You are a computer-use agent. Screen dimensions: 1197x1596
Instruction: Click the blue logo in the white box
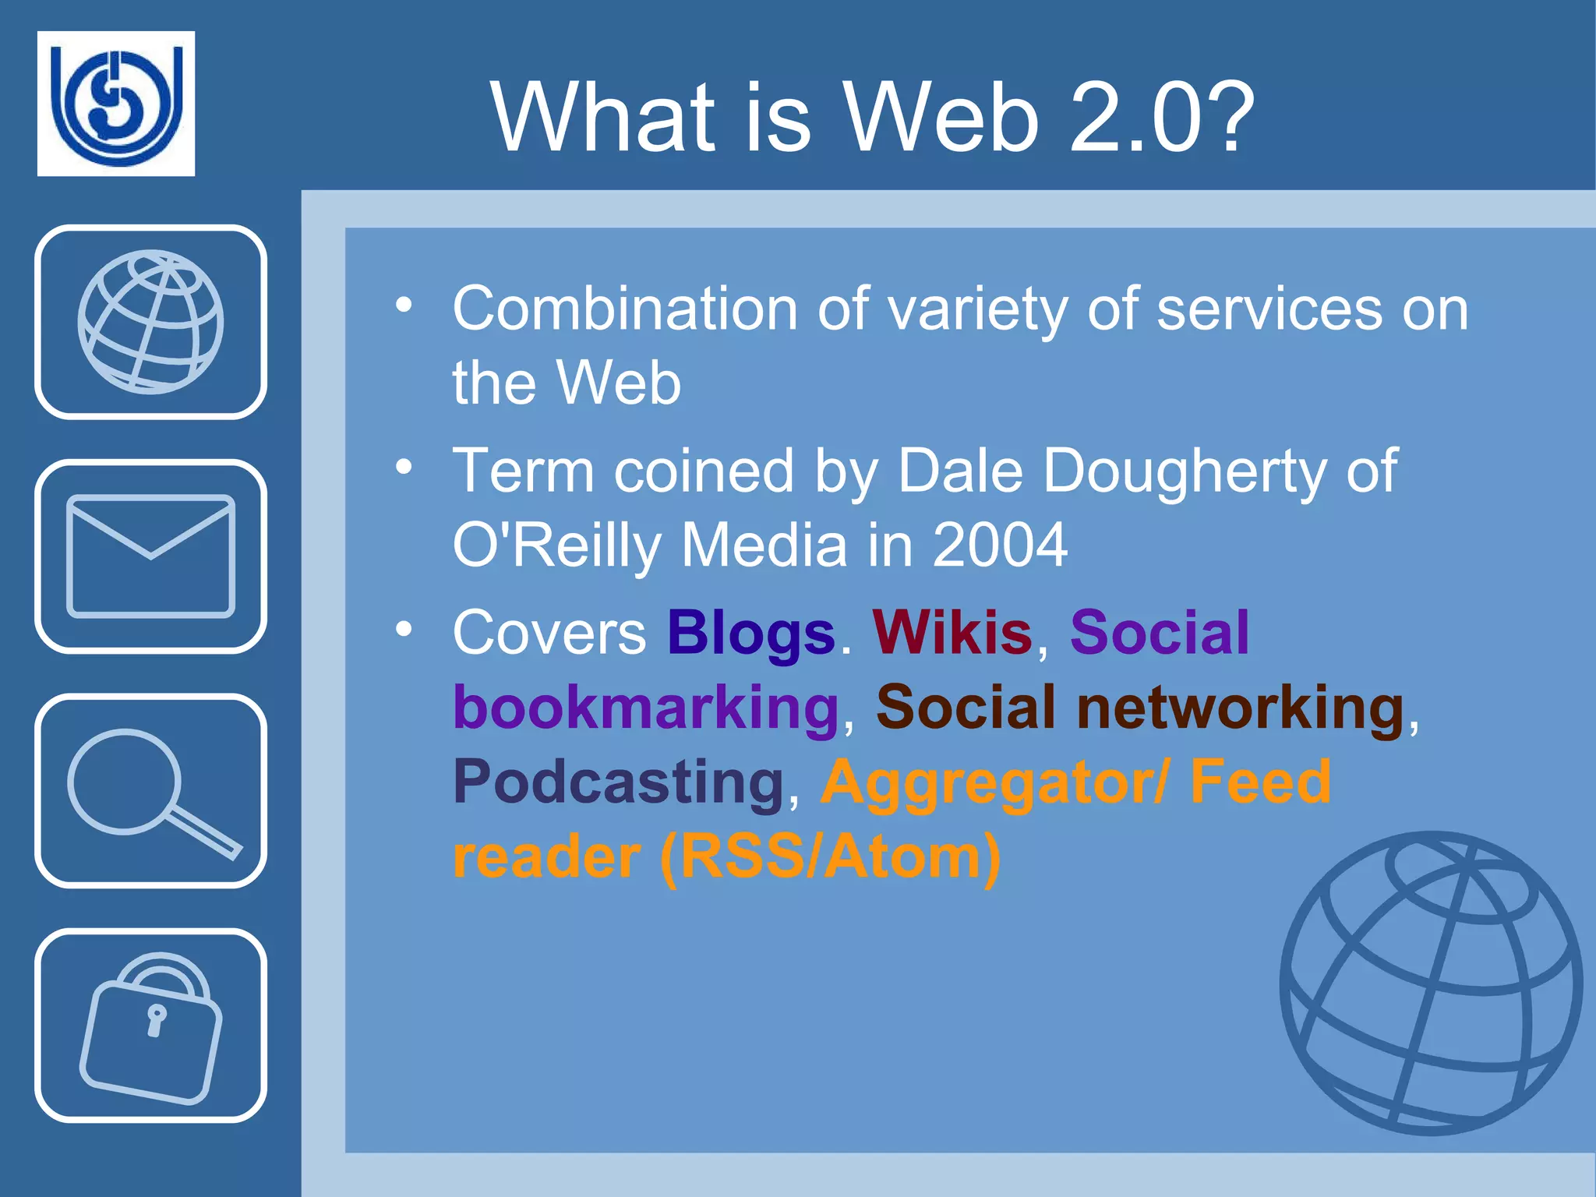point(116,104)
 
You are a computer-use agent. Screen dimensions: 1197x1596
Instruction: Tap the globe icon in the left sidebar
point(150,322)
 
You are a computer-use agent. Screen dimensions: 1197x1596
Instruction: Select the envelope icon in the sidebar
point(150,556)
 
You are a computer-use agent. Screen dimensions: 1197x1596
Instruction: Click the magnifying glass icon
point(150,791)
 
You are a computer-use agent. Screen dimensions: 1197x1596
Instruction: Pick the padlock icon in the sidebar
point(150,1026)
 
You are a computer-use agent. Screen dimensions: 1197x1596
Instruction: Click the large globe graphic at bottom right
point(1432,983)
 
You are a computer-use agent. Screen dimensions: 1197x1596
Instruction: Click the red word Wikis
point(952,632)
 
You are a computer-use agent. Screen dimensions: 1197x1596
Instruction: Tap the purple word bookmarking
point(646,708)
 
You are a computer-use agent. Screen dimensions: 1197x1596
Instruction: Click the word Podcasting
point(618,782)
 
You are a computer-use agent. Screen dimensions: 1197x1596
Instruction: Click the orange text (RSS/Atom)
point(830,857)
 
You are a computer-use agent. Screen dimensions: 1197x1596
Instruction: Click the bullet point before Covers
point(403,628)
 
